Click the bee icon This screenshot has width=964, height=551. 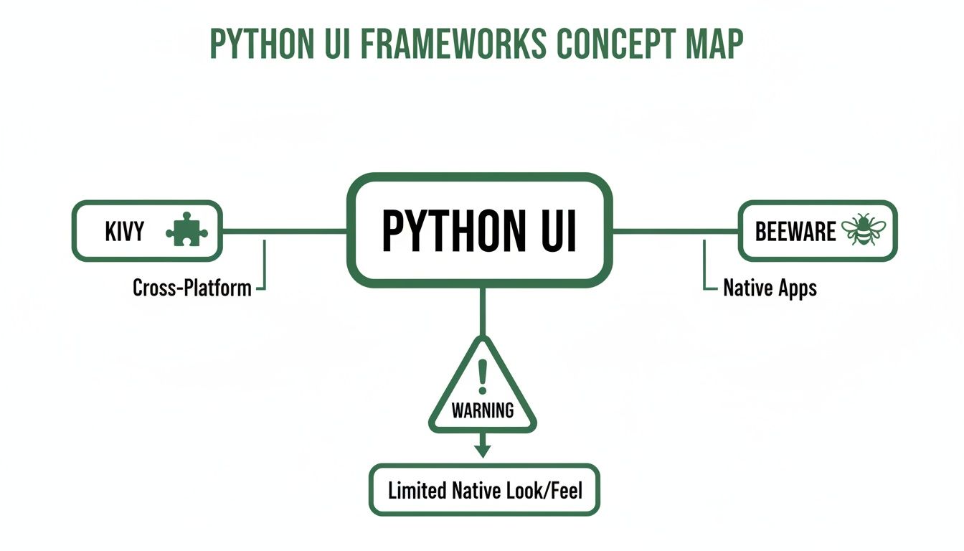864,230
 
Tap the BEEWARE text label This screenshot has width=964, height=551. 795,231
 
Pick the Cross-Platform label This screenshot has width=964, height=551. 192,288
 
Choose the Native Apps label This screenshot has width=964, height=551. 770,288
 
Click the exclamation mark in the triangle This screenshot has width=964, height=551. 482,376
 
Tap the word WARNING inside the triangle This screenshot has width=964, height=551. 482,410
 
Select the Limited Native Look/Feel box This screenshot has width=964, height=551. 484,491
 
